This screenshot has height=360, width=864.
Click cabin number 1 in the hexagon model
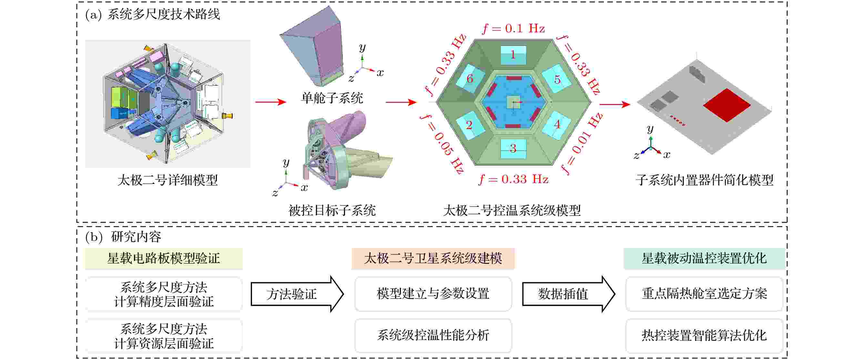pos(513,55)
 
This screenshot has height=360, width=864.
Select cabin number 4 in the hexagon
pos(557,125)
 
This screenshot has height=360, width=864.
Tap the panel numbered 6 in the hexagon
pos(470,78)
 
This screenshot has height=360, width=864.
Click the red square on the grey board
pos(727,105)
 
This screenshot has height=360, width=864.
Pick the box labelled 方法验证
pos(297,294)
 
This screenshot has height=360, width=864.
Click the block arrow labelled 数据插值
pos(568,294)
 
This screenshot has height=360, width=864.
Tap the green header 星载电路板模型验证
pos(164,259)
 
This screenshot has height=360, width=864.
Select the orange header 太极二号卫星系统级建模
pos(433,259)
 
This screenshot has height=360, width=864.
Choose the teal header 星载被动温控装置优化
pos(704,259)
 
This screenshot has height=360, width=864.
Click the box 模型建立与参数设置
pos(433,294)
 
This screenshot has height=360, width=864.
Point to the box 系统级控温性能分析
pos(433,335)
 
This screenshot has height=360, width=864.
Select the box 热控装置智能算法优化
pos(704,335)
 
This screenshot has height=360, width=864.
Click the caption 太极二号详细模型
pos(168,180)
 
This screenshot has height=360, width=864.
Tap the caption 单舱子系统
pos(332,98)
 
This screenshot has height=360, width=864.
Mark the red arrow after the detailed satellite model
pos(271,102)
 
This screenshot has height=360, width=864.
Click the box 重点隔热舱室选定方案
pos(704,294)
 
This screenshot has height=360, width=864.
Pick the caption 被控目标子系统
pos(332,211)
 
